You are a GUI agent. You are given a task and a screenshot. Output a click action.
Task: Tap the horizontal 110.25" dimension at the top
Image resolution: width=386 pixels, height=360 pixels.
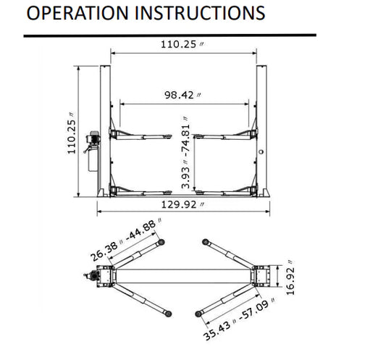182,44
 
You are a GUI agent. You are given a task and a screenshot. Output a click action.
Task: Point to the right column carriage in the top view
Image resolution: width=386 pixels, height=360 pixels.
261,275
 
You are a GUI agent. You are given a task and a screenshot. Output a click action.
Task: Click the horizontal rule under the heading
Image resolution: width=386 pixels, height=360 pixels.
169,34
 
